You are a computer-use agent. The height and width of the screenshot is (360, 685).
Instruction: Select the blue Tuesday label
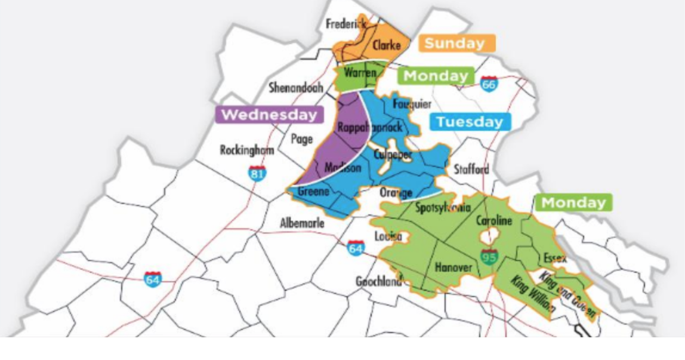(x=469, y=122)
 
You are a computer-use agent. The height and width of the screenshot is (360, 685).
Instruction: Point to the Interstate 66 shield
(x=489, y=84)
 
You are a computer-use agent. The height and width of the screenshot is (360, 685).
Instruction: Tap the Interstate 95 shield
(x=490, y=257)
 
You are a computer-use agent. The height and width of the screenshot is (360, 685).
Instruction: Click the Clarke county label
(x=385, y=45)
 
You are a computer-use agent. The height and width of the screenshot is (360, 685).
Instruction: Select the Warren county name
(x=360, y=73)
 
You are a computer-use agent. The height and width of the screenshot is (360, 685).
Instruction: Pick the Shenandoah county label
(x=295, y=88)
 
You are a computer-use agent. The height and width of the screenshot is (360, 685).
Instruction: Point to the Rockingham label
(x=246, y=150)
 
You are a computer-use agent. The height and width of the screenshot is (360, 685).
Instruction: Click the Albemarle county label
(x=303, y=223)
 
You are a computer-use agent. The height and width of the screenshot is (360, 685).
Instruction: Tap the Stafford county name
(x=471, y=170)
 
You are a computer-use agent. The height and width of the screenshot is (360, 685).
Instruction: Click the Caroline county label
(x=493, y=221)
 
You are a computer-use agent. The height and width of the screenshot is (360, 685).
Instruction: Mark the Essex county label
(x=554, y=259)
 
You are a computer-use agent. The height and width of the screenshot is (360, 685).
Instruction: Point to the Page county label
(x=302, y=139)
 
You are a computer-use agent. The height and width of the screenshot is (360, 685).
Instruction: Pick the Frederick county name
(x=345, y=24)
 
